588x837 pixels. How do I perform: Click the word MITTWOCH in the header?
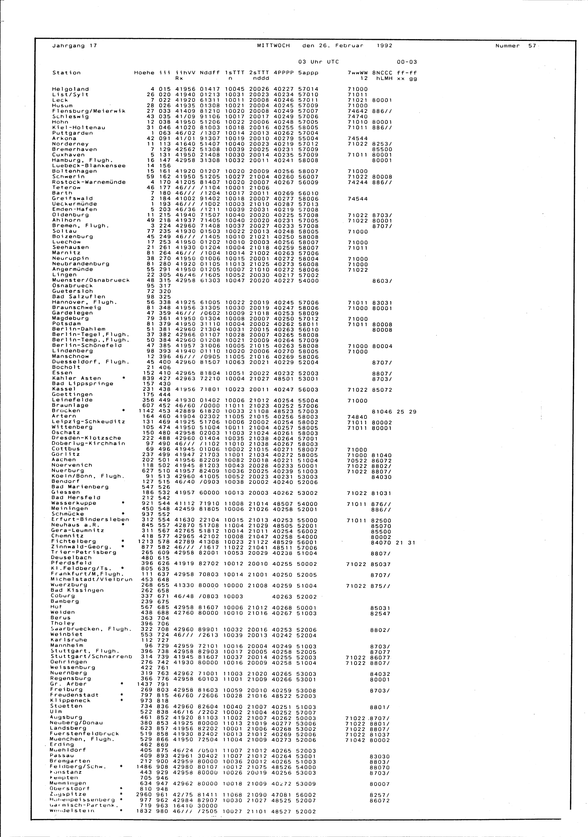pyautogui.click(x=273, y=46)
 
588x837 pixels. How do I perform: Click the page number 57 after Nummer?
pyautogui.click(x=532, y=46)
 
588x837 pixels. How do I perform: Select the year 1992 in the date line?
pyautogui.click(x=384, y=46)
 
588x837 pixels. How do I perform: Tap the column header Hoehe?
pyautogui.click(x=144, y=73)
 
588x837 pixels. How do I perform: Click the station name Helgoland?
pyautogui.click(x=70, y=89)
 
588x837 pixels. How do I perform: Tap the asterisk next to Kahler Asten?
pyautogui.click(x=124, y=378)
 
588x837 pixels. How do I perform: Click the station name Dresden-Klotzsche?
pyautogui.click(x=86, y=438)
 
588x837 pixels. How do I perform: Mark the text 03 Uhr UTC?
pyautogui.click(x=316, y=62)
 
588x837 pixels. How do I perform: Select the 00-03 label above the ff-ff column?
pyautogui.click(x=407, y=62)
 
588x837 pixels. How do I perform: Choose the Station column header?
pyautogui.click(x=66, y=73)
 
